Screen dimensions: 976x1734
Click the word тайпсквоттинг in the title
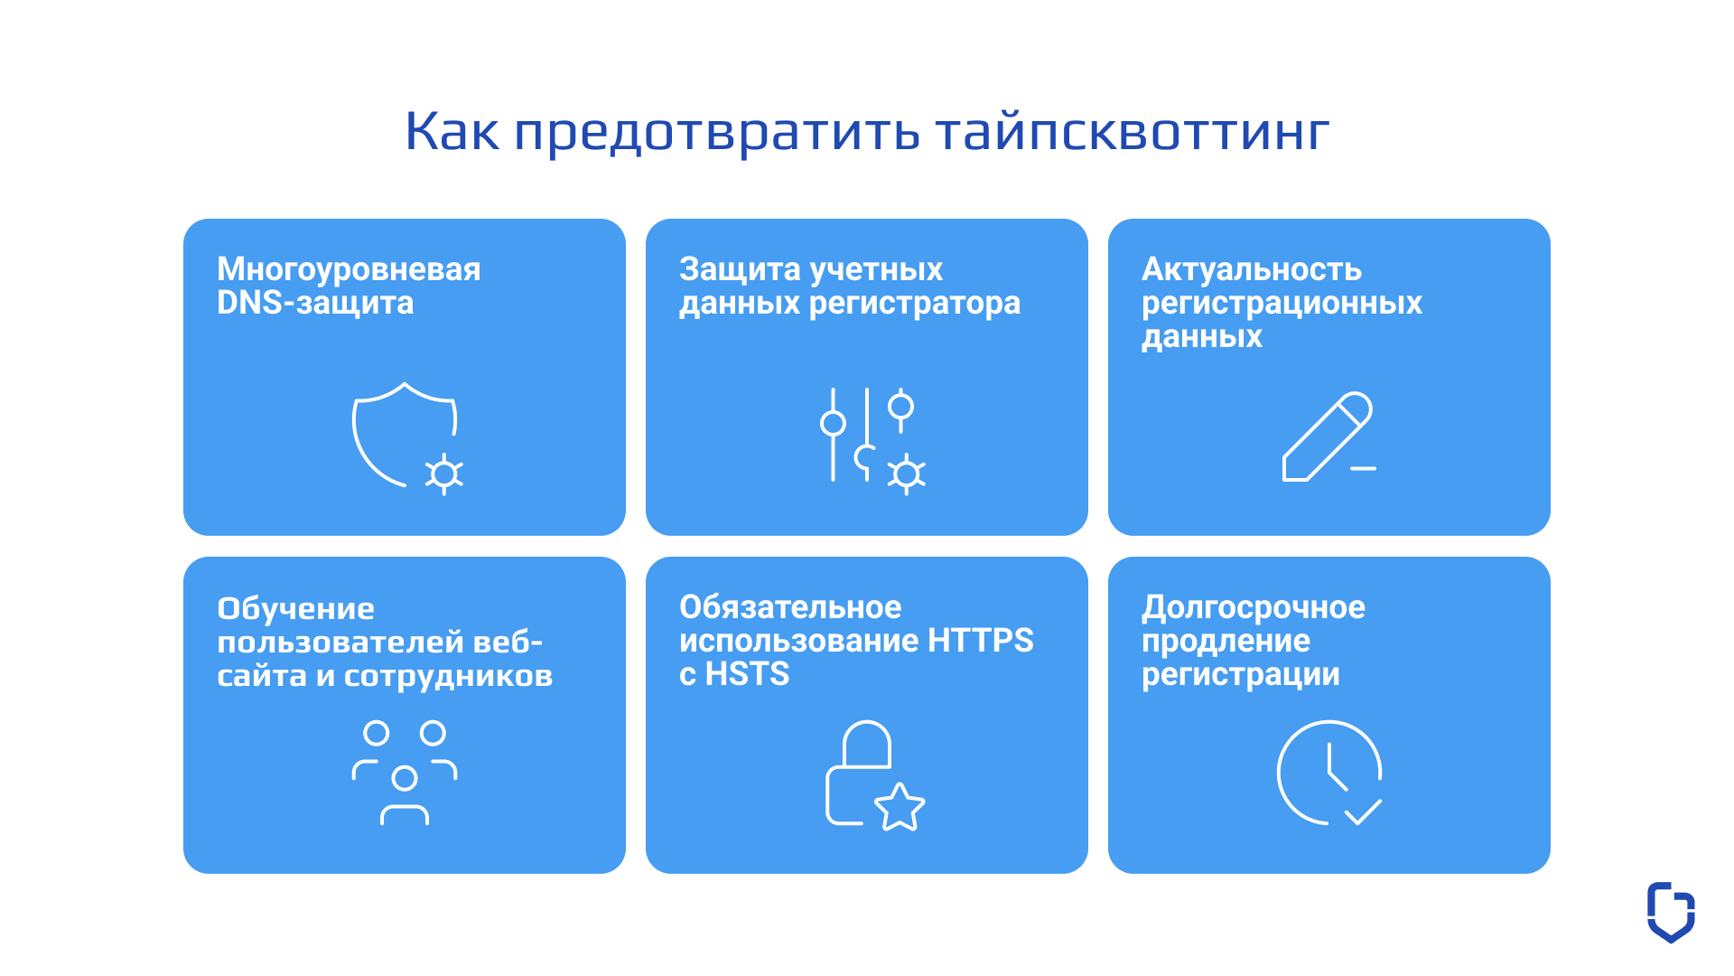[1132, 132]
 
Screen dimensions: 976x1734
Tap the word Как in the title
[452, 132]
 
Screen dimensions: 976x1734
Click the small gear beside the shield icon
[443, 474]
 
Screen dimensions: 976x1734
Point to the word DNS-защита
[315, 303]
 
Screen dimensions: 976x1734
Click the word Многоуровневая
[349, 269]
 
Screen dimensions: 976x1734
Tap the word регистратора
[914, 303]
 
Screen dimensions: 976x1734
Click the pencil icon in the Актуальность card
[1326, 437]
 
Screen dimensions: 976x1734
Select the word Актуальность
[1251, 269]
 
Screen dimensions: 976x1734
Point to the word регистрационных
[1282, 303]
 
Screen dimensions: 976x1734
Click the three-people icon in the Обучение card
[404, 773]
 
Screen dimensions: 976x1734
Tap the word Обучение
[295, 608]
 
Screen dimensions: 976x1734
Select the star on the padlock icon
[900, 807]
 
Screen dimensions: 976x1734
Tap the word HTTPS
[980, 641]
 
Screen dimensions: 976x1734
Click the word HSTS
[747, 674]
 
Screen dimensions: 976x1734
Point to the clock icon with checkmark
[1328, 773]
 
